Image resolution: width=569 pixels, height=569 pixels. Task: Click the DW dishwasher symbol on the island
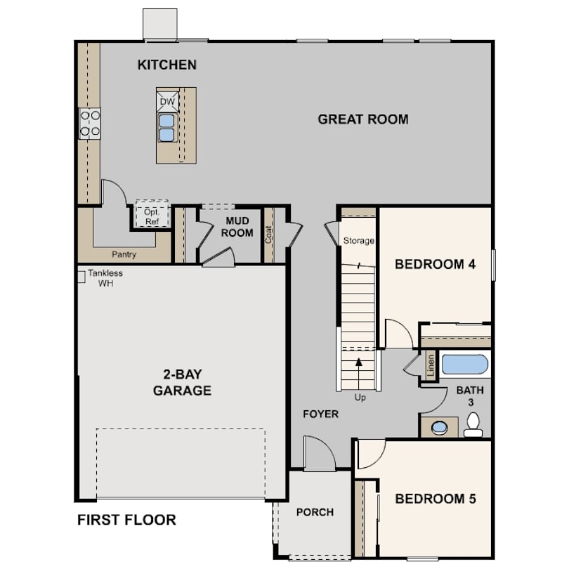(167, 102)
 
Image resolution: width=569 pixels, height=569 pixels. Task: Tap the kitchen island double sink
(167, 128)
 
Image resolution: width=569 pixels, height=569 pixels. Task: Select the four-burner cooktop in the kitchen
(90, 124)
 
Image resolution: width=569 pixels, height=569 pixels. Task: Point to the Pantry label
(124, 254)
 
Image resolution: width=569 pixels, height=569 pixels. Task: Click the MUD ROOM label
(237, 227)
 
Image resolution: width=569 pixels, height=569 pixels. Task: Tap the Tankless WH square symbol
(81, 277)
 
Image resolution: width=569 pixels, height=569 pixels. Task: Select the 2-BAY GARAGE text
(182, 382)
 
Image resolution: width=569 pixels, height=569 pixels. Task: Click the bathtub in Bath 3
(464, 365)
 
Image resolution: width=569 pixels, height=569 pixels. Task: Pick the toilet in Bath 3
(473, 424)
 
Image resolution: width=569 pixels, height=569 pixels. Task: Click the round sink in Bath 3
(440, 428)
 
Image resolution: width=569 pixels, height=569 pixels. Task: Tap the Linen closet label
(431, 365)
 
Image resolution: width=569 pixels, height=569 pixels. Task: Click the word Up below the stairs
(360, 398)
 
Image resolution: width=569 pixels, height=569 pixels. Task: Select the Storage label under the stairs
(358, 240)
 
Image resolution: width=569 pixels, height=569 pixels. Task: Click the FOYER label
(321, 414)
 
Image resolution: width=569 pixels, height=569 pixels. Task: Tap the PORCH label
(315, 512)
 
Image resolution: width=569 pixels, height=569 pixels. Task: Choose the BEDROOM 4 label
(435, 264)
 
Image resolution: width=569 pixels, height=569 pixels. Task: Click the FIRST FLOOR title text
(126, 520)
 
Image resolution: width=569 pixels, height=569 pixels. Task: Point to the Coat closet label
(268, 235)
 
